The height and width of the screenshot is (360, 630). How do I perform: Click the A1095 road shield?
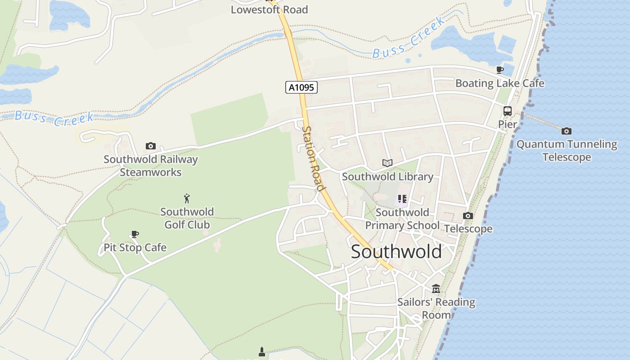pyautogui.click(x=301, y=87)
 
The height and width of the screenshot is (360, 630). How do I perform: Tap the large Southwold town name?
pyautogui.click(x=396, y=252)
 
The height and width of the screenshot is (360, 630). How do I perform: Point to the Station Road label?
pyautogui.click(x=313, y=158)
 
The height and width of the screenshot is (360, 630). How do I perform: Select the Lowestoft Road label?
pyautogui.click(x=269, y=9)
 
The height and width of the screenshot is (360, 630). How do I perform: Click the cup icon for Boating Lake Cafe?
pyautogui.click(x=499, y=70)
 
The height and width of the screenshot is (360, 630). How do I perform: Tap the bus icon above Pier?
pyautogui.click(x=508, y=111)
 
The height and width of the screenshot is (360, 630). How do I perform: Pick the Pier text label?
pyautogui.click(x=508, y=124)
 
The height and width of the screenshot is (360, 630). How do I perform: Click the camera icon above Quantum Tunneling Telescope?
pyautogui.click(x=567, y=131)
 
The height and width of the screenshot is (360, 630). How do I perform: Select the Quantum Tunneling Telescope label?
pyautogui.click(x=567, y=151)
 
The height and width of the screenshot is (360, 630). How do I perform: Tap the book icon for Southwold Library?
pyautogui.click(x=387, y=163)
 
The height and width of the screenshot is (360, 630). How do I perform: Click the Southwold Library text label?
pyautogui.click(x=387, y=177)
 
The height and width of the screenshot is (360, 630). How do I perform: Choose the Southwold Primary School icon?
pyautogui.click(x=402, y=198)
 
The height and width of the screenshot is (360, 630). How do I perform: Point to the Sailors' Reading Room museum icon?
pyautogui.click(x=436, y=288)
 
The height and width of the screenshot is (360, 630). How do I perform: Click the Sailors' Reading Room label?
pyautogui.click(x=436, y=308)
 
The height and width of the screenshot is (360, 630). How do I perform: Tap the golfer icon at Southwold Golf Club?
pyautogui.click(x=187, y=198)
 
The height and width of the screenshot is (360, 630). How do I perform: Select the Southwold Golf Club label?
pyautogui.click(x=187, y=218)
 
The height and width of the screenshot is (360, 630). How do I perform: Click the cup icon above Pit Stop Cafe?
pyautogui.click(x=135, y=234)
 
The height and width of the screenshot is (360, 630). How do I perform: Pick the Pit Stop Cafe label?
pyautogui.click(x=135, y=247)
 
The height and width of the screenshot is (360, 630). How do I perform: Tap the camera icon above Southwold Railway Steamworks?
pyautogui.click(x=151, y=146)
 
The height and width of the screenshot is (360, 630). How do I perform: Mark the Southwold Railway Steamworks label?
pyautogui.click(x=151, y=166)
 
